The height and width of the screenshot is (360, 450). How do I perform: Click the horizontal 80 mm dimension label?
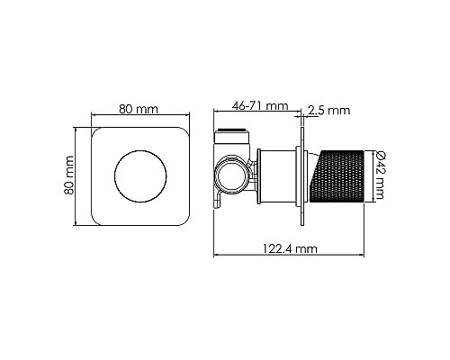click(139, 109)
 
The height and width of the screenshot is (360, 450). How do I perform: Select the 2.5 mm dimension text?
click(328, 111)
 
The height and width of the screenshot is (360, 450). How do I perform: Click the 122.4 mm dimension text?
click(292, 247)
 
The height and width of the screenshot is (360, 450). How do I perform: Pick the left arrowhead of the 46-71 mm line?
click(217, 114)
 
